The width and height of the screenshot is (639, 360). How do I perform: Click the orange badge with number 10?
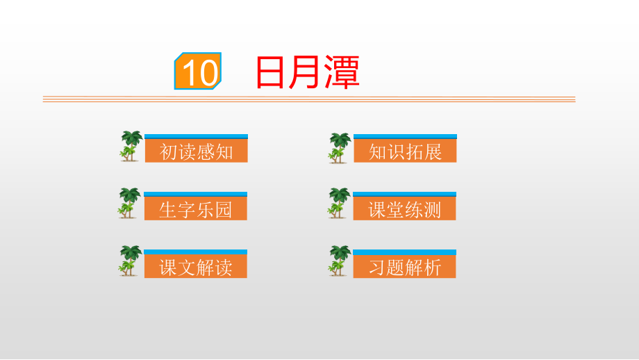[198, 71]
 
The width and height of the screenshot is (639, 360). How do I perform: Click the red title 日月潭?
[308, 72]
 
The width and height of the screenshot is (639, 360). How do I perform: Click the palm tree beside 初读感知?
[131, 146]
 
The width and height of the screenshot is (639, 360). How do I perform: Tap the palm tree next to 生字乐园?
[129, 203]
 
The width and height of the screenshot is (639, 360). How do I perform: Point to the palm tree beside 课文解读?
[130, 261]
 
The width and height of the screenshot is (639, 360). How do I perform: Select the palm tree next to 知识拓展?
[340, 148]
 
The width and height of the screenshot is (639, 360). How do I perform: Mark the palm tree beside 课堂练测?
[339, 203]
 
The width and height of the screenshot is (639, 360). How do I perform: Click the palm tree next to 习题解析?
[340, 261]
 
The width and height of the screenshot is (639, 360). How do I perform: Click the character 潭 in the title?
[342, 72]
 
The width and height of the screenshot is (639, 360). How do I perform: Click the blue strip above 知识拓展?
[405, 137]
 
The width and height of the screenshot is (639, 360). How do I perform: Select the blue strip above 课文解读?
[196, 252]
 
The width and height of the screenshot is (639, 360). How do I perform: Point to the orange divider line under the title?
[309, 99]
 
